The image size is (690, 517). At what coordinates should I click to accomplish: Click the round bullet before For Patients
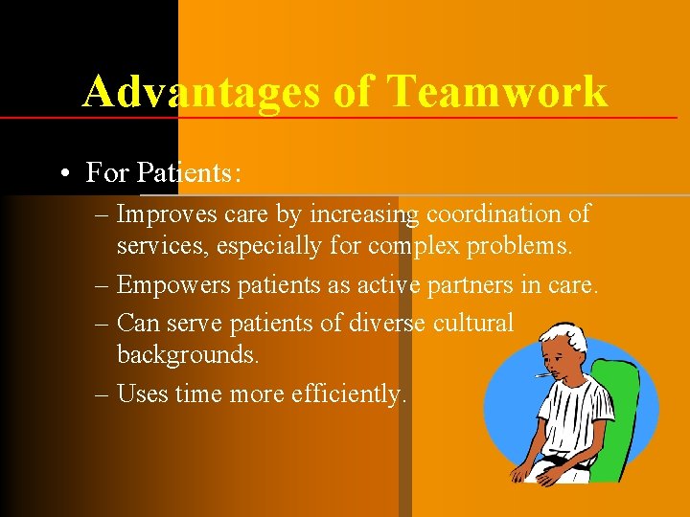click(62, 173)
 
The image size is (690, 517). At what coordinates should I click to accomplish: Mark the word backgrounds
click(188, 354)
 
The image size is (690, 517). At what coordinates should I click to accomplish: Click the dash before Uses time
click(103, 393)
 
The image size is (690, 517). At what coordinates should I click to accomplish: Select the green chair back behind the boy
click(622, 402)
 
